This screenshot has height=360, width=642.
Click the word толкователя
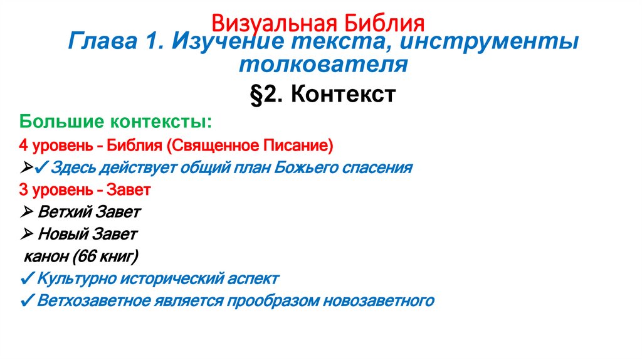[323, 64]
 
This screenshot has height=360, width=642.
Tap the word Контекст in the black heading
[343, 95]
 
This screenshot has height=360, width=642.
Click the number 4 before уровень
[23, 146]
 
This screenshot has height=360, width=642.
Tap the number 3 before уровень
[23, 189]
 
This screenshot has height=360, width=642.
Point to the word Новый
[64, 234]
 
